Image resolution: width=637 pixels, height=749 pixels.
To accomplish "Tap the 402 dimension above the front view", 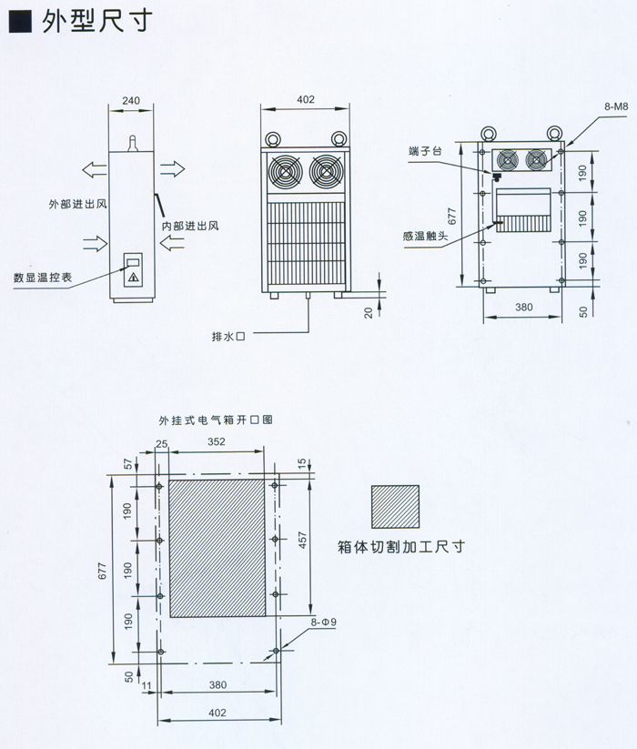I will tap(306, 99).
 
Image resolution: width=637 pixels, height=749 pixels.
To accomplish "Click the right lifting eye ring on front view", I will tap(337, 138).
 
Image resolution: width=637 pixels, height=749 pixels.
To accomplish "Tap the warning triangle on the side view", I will tap(133, 276).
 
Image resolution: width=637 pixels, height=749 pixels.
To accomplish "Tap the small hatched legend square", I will tap(395, 508).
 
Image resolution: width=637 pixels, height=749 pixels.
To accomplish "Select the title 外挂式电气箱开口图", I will tap(216, 421).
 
